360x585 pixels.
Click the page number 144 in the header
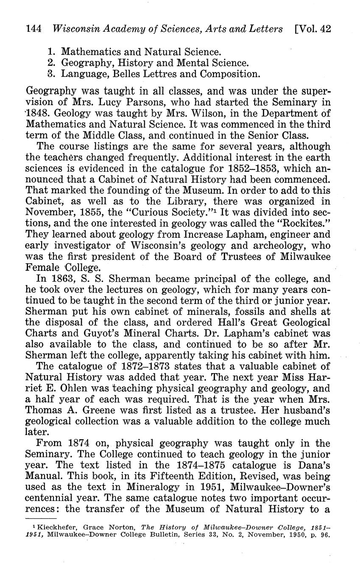coord(33,29)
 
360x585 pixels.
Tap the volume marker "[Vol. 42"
coord(313,29)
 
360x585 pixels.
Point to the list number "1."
coord(52,52)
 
